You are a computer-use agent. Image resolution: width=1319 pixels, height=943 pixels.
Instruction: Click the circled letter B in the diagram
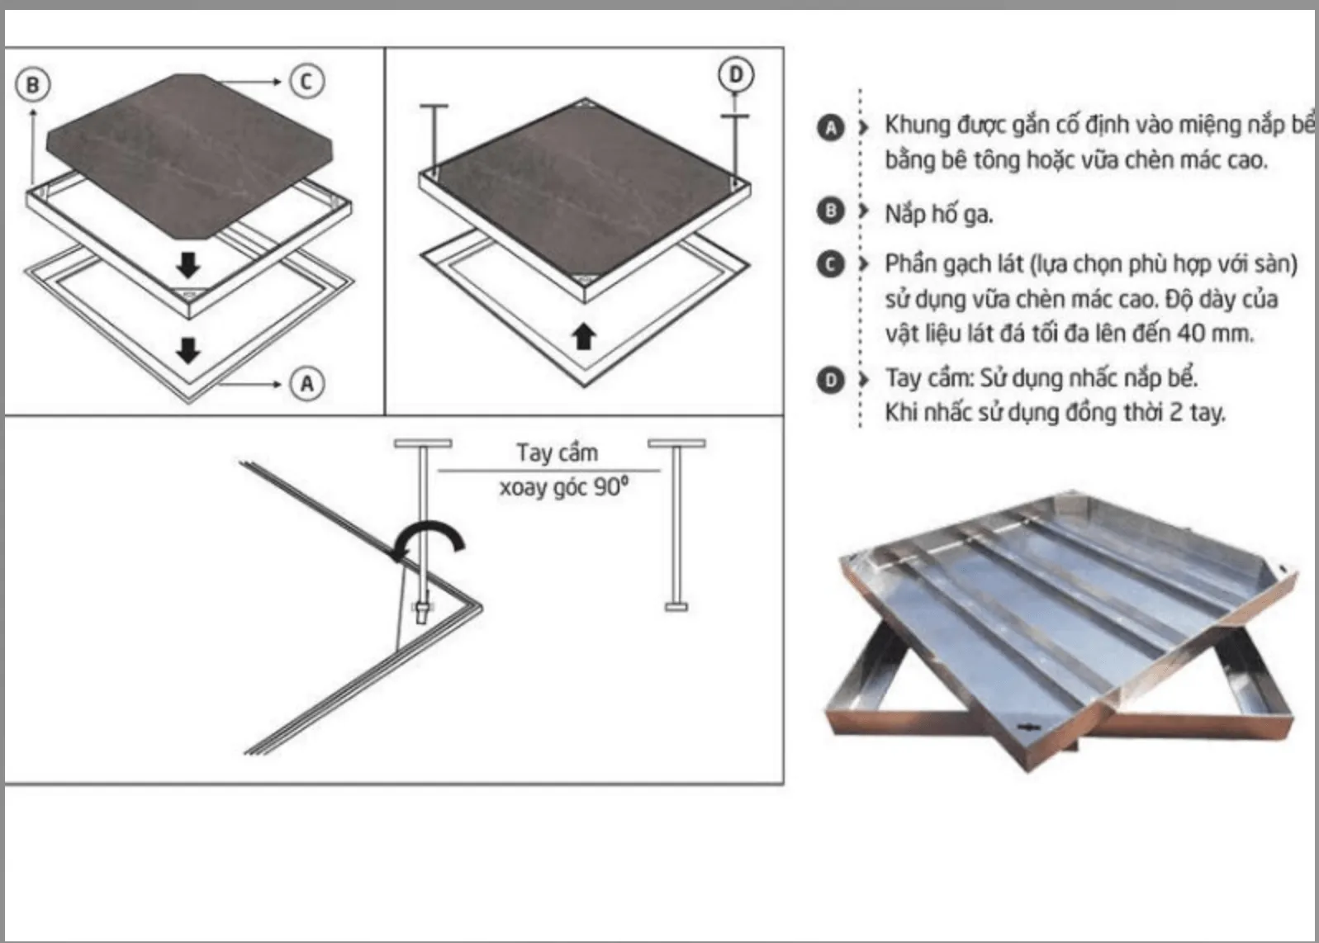click(33, 85)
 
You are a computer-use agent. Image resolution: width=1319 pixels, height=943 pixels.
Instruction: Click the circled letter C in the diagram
click(306, 81)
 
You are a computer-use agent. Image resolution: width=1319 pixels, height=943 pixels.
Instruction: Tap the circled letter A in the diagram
click(307, 384)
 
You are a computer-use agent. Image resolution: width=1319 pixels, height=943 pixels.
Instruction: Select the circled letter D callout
click(736, 75)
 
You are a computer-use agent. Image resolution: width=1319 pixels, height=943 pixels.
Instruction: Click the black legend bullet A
click(831, 128)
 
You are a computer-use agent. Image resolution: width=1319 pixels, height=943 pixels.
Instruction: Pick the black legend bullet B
click(831, 211)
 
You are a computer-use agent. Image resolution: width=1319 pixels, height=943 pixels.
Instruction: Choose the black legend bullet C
click(831, 264)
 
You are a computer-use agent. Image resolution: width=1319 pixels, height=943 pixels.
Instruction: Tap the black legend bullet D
click(831, 380)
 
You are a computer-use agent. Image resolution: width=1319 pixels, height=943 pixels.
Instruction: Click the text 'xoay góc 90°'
click(564, 487)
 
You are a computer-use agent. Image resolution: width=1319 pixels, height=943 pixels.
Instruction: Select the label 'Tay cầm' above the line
click(557, 453)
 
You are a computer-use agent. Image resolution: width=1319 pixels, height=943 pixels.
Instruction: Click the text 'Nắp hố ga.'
click(938, 214)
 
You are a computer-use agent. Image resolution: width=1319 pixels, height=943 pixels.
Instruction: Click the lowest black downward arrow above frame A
click(187, 350)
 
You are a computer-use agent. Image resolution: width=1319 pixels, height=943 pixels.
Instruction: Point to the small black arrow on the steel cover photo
click(1028, 727)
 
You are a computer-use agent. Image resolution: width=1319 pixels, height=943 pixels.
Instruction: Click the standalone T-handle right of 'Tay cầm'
click(676, 524)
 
